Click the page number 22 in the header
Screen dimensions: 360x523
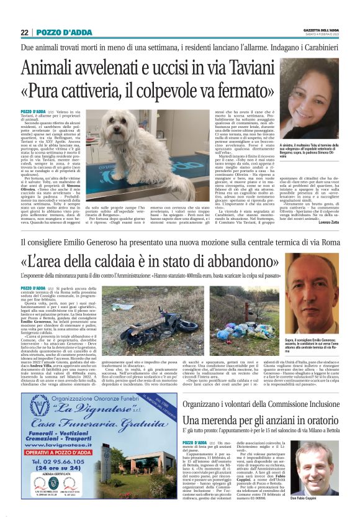(25, 32)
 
